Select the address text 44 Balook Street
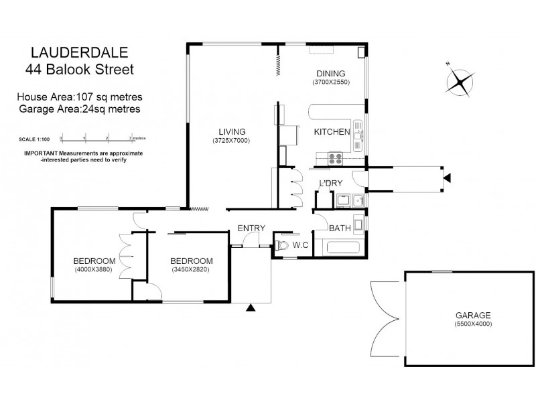pyautogui.click(x=79, y=68)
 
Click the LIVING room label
pyautogui.click(x=232, y=131)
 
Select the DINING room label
pyautogui.click(x=330, y=74)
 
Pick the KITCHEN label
pyautogui.click(x=332, y=132)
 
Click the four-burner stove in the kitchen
pyautogui.click(x=335, y=159)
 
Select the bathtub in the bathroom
pyautogui.click(x=344, y=247)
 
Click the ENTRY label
pyautogui.click(x=251, y=228)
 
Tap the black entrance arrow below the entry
pyautogui.click(x=251, y=308)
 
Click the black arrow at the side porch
pyautogui.click(x=447, y=177)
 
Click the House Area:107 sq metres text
pyautogui.click(x=79, y=98)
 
